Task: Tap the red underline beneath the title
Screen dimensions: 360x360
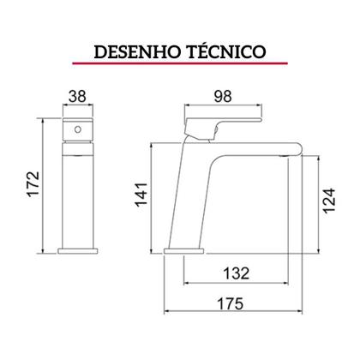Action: (179, 65)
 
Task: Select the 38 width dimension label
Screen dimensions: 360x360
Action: (77, 99)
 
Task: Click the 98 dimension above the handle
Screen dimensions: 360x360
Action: (224, 99)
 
